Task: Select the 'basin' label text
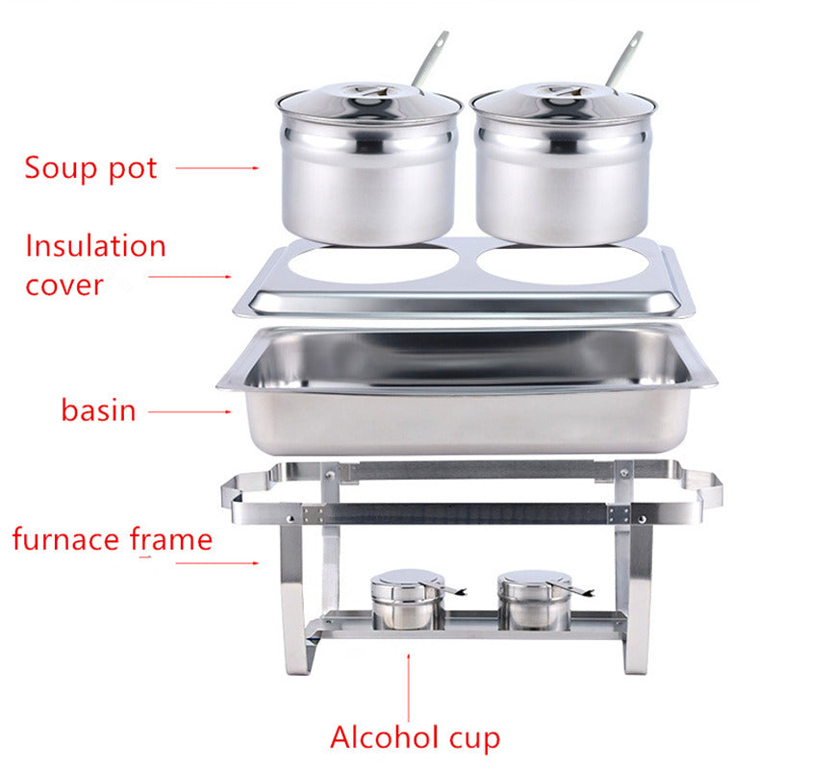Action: coord(98,410)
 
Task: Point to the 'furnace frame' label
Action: coord(112,539)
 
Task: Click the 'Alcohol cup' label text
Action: coord(415,737)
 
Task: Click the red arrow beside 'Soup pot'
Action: coord(216,167)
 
